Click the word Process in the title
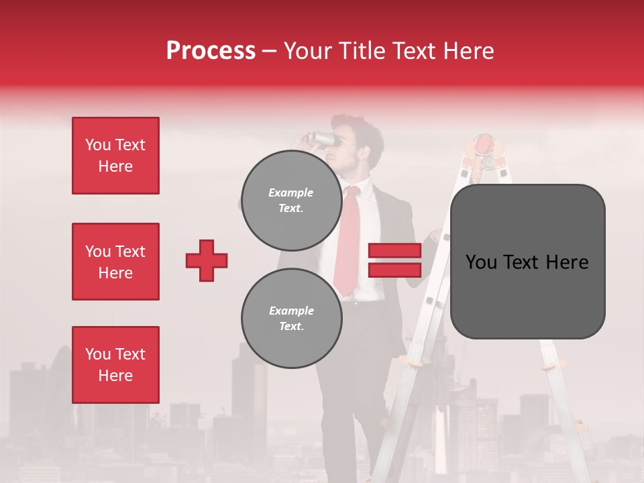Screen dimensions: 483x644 211,51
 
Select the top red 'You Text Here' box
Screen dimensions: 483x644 115,156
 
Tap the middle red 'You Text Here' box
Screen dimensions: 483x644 115,262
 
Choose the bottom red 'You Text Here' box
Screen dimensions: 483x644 115,365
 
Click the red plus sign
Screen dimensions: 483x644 207,260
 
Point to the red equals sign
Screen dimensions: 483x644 394,260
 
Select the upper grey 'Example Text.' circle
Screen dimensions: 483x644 291,200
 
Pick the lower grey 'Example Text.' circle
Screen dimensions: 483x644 291,318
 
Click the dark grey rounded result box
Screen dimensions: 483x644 527,262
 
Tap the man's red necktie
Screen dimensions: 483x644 347,241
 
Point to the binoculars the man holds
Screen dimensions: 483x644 321,139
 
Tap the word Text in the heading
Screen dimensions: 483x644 415,51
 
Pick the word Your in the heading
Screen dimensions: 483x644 309,51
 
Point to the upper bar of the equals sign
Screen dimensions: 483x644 394,251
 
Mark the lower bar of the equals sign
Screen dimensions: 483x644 394,270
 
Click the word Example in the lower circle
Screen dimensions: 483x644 291,311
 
